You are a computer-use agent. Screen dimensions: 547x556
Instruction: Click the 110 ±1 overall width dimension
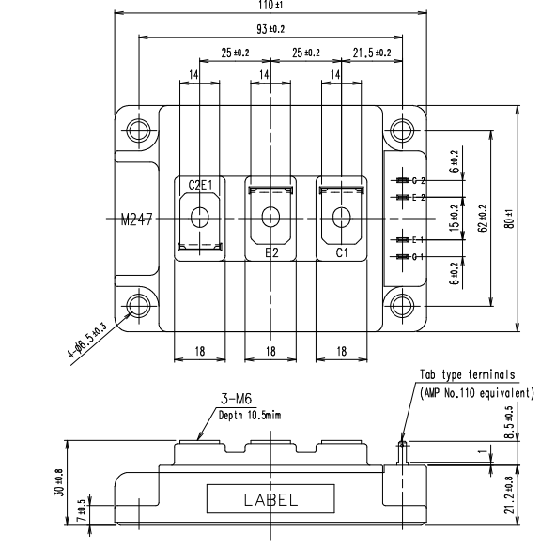tap(271, 6)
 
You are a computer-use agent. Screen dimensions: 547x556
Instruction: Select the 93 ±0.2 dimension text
tap(271, 30)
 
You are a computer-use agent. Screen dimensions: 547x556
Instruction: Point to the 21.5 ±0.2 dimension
tap(371, 52)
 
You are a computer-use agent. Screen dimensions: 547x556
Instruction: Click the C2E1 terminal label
tap(199, 185)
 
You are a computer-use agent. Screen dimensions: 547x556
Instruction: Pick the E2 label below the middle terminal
tap(270, 253)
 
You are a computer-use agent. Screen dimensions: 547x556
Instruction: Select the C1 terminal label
tap(342, 253)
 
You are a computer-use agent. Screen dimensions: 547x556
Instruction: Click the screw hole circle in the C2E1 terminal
tap(199, 218)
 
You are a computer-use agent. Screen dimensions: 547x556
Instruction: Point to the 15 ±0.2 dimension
tap(454, 218)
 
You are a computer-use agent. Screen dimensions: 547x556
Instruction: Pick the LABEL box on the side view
tap(270, 498)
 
